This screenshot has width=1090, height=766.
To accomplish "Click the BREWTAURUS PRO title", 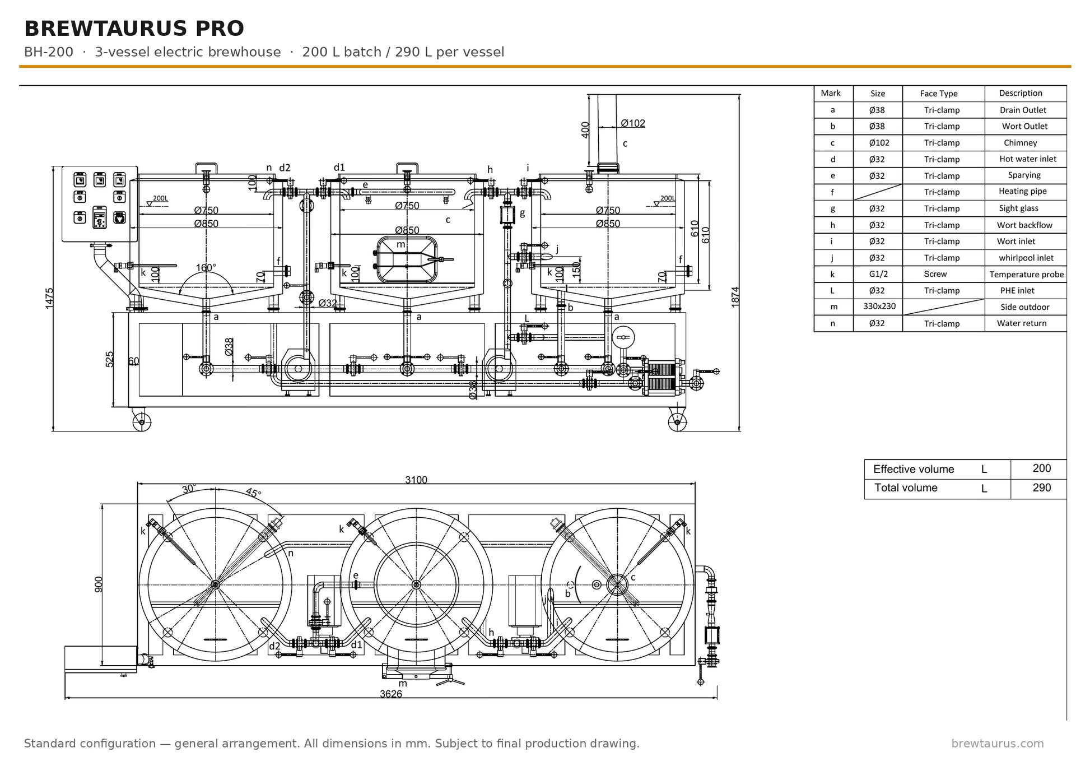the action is click(134, 29).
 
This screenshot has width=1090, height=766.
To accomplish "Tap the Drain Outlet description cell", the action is click(1023, 110).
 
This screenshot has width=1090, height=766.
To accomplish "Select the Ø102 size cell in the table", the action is click(879, 143).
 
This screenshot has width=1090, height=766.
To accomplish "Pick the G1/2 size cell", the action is click(878, 274).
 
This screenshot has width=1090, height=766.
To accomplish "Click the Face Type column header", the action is click(939, 94).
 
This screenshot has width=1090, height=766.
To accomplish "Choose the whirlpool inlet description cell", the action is click(1026, 258).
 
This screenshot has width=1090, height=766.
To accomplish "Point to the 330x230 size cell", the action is click(879, 307).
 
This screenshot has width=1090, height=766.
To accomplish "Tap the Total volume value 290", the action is click(1042, 488).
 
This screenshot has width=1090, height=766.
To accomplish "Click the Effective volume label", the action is click(914, 470).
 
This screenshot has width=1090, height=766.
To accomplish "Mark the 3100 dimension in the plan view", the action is click(416, 480).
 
